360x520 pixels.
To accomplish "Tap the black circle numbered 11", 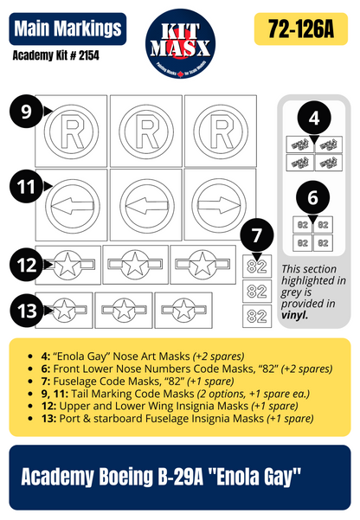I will (27, 185).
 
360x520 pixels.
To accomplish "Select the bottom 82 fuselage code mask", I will (257, 317).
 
